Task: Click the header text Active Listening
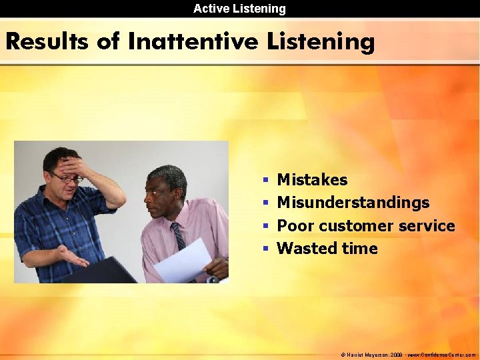[239, 9]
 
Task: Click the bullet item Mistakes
[312, 179]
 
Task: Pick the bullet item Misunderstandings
[353, 202]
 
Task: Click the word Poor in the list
[295, 225]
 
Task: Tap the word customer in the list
[356, 225]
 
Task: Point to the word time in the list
[359, 249]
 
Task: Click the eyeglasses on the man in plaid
[66, 178]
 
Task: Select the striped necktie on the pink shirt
[179, 237]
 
